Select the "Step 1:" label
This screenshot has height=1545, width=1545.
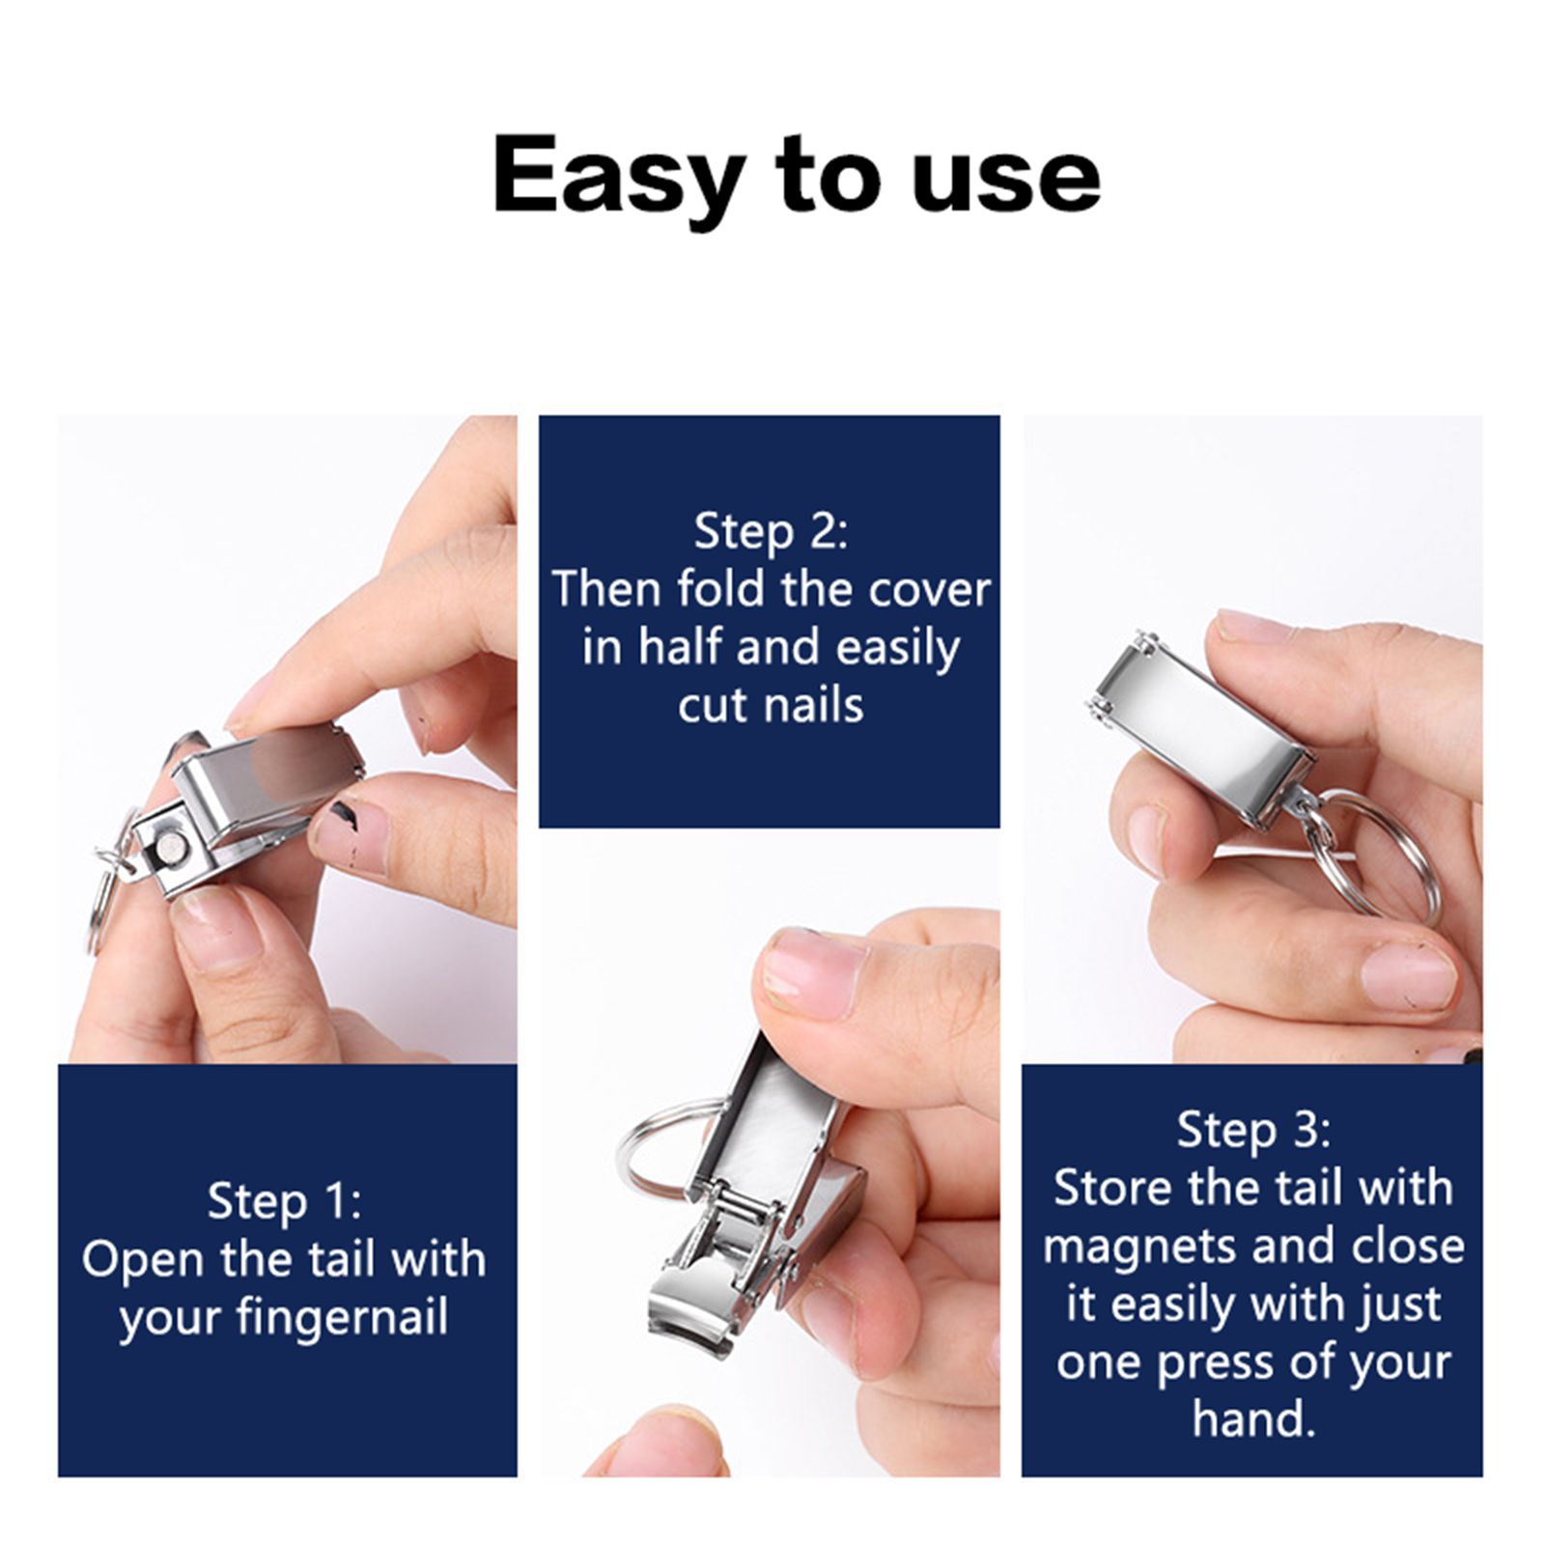pyautogui.click(x=285, y=1202)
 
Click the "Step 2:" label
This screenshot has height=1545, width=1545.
pyautogui.click(x=771, y=532)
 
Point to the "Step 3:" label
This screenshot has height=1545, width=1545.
pyautogui.click(x=1252, y=1130)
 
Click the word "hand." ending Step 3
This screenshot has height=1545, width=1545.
pyautogui.click(x=1253, y=1419)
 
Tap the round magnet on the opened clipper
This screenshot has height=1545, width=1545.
pyautogui.click(x=171, y=849)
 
